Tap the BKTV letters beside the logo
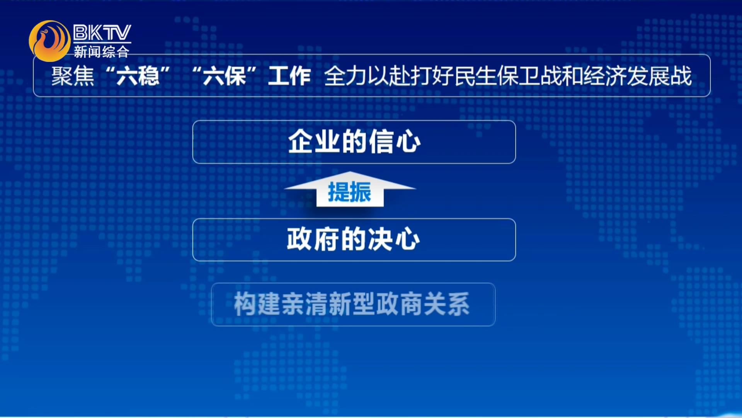point(102,33)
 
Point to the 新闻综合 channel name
point(101,51)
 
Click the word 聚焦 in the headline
point(73,76)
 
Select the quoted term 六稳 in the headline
point(138,76)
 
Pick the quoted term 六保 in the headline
point(225,76)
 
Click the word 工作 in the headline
point(289,76)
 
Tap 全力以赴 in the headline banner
point(366,76)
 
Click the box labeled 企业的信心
point(354,142)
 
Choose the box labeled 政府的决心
point(354,240)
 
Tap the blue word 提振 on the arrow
point(350,192)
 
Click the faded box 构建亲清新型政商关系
point(353,305)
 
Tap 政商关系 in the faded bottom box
point(423,304)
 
